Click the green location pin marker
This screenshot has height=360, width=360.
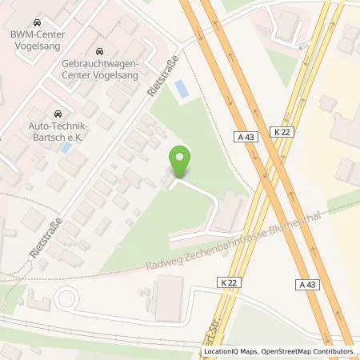click(182, 162)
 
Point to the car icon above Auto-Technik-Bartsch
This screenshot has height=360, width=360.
click(57, 115)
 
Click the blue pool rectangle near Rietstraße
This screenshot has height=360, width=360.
click(183, 89)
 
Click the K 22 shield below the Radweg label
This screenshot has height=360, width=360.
click(228, 282)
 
